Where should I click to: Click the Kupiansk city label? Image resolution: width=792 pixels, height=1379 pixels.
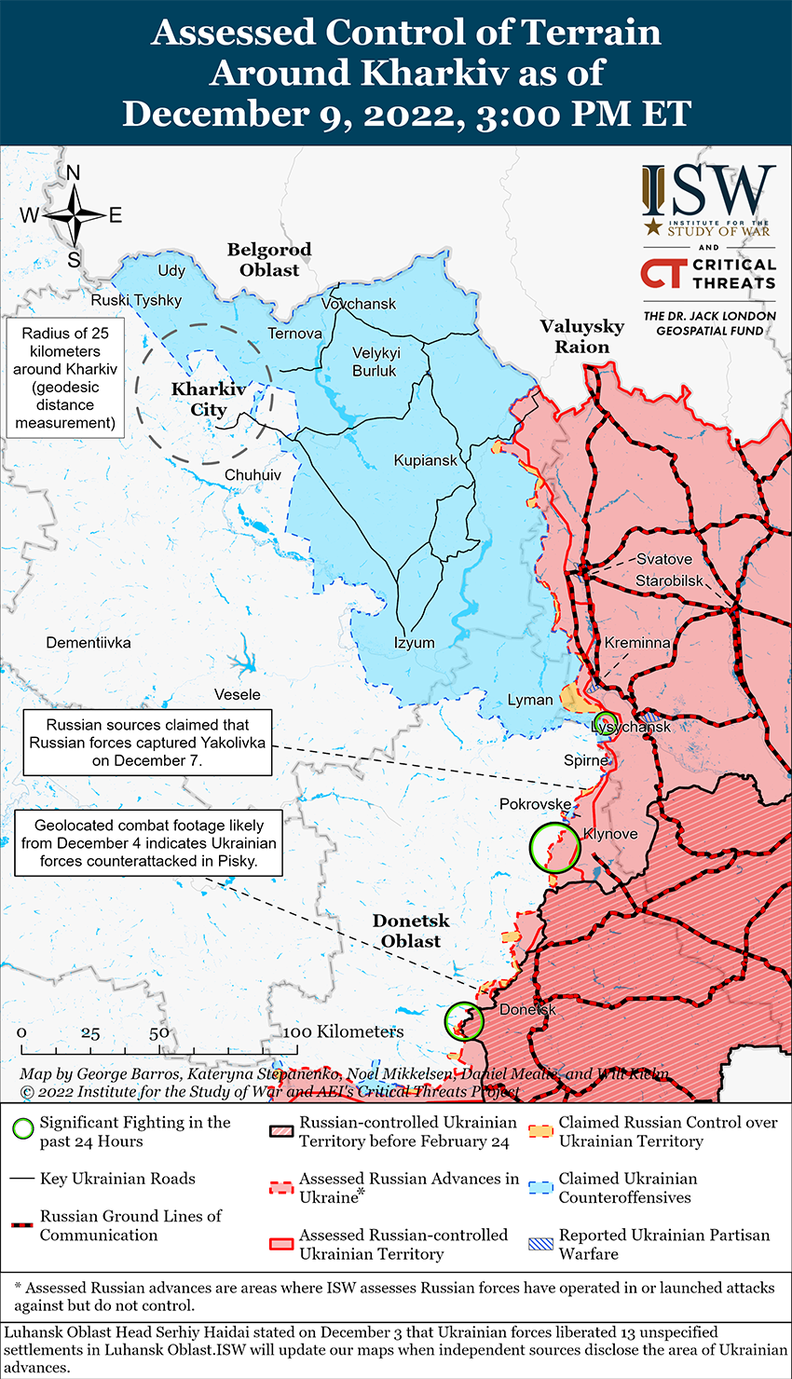pyautogui.click(x=426, y=460)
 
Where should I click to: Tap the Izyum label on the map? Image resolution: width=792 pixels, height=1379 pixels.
pyautogui.click(x=414, y=643)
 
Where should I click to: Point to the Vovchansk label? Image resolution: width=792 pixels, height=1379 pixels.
pyautogui.click(x=359, y=304)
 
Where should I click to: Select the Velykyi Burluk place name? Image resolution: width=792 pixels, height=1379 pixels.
pyautogui.click(x=376, y=362)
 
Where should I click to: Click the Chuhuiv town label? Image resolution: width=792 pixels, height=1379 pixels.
pyautogui.click(x=253, y=475)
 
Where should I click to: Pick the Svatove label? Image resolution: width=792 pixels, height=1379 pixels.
pyautogui.click(x=664, y=559)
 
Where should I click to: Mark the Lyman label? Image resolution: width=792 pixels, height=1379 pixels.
pyautogui.click(x=530, y=700)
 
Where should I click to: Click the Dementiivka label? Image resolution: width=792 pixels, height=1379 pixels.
pyautogui.click(x=89, y=643)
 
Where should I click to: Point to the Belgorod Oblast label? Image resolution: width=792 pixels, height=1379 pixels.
pyautogui.click(x=269, y=260)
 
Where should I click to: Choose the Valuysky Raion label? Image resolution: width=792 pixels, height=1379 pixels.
pyautogui.click(x=582, y=336)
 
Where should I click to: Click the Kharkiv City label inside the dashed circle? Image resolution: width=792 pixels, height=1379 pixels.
pyautogui.click(x=208, y=400)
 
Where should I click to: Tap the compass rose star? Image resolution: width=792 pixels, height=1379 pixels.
pyautogui.click(x=75, y=215)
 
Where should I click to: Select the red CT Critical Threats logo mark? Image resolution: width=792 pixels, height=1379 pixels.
pyautogui.click(x=663, y=273)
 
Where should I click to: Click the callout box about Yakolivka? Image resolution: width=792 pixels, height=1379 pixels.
pyautogui.click(x=147, y=743)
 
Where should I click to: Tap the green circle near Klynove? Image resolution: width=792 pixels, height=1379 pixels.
pyautogui.click(x=554, y=848)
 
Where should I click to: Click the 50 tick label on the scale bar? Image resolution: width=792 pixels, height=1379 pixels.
pyautogui.click(x=159, y=1032)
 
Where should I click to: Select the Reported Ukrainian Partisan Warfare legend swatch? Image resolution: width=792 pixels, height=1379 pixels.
pyautogui.click(x=541, y=1244)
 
